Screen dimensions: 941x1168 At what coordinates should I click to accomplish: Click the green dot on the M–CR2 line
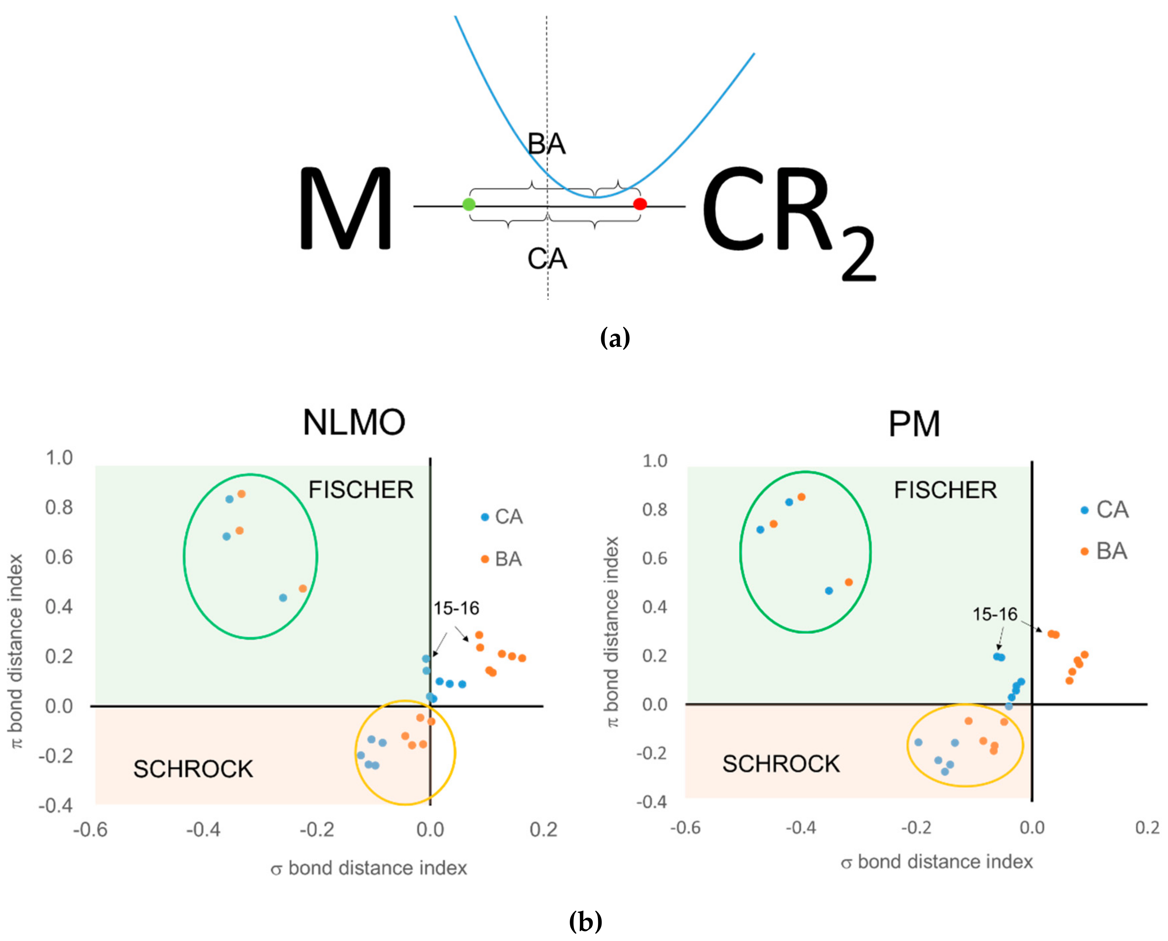coord(469,204)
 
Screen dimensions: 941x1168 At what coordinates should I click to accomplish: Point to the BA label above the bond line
coord(547,144)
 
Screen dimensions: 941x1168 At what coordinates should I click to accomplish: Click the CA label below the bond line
coord(547,259)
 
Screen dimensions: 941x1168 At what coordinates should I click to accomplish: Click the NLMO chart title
coord(354,422)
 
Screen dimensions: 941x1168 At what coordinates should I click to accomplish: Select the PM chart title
coord(914,424)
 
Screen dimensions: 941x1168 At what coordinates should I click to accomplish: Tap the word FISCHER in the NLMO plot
coord(361,490)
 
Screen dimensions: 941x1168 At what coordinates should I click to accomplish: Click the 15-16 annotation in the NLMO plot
coord(456,608)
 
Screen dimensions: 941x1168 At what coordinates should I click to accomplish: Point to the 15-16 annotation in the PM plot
coord(995,614)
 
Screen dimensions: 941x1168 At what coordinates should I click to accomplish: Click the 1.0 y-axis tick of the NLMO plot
coord(59,458)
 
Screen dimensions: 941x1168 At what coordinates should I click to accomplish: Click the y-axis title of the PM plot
coord(611,632)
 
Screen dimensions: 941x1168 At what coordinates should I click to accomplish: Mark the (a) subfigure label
coord(615,338)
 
